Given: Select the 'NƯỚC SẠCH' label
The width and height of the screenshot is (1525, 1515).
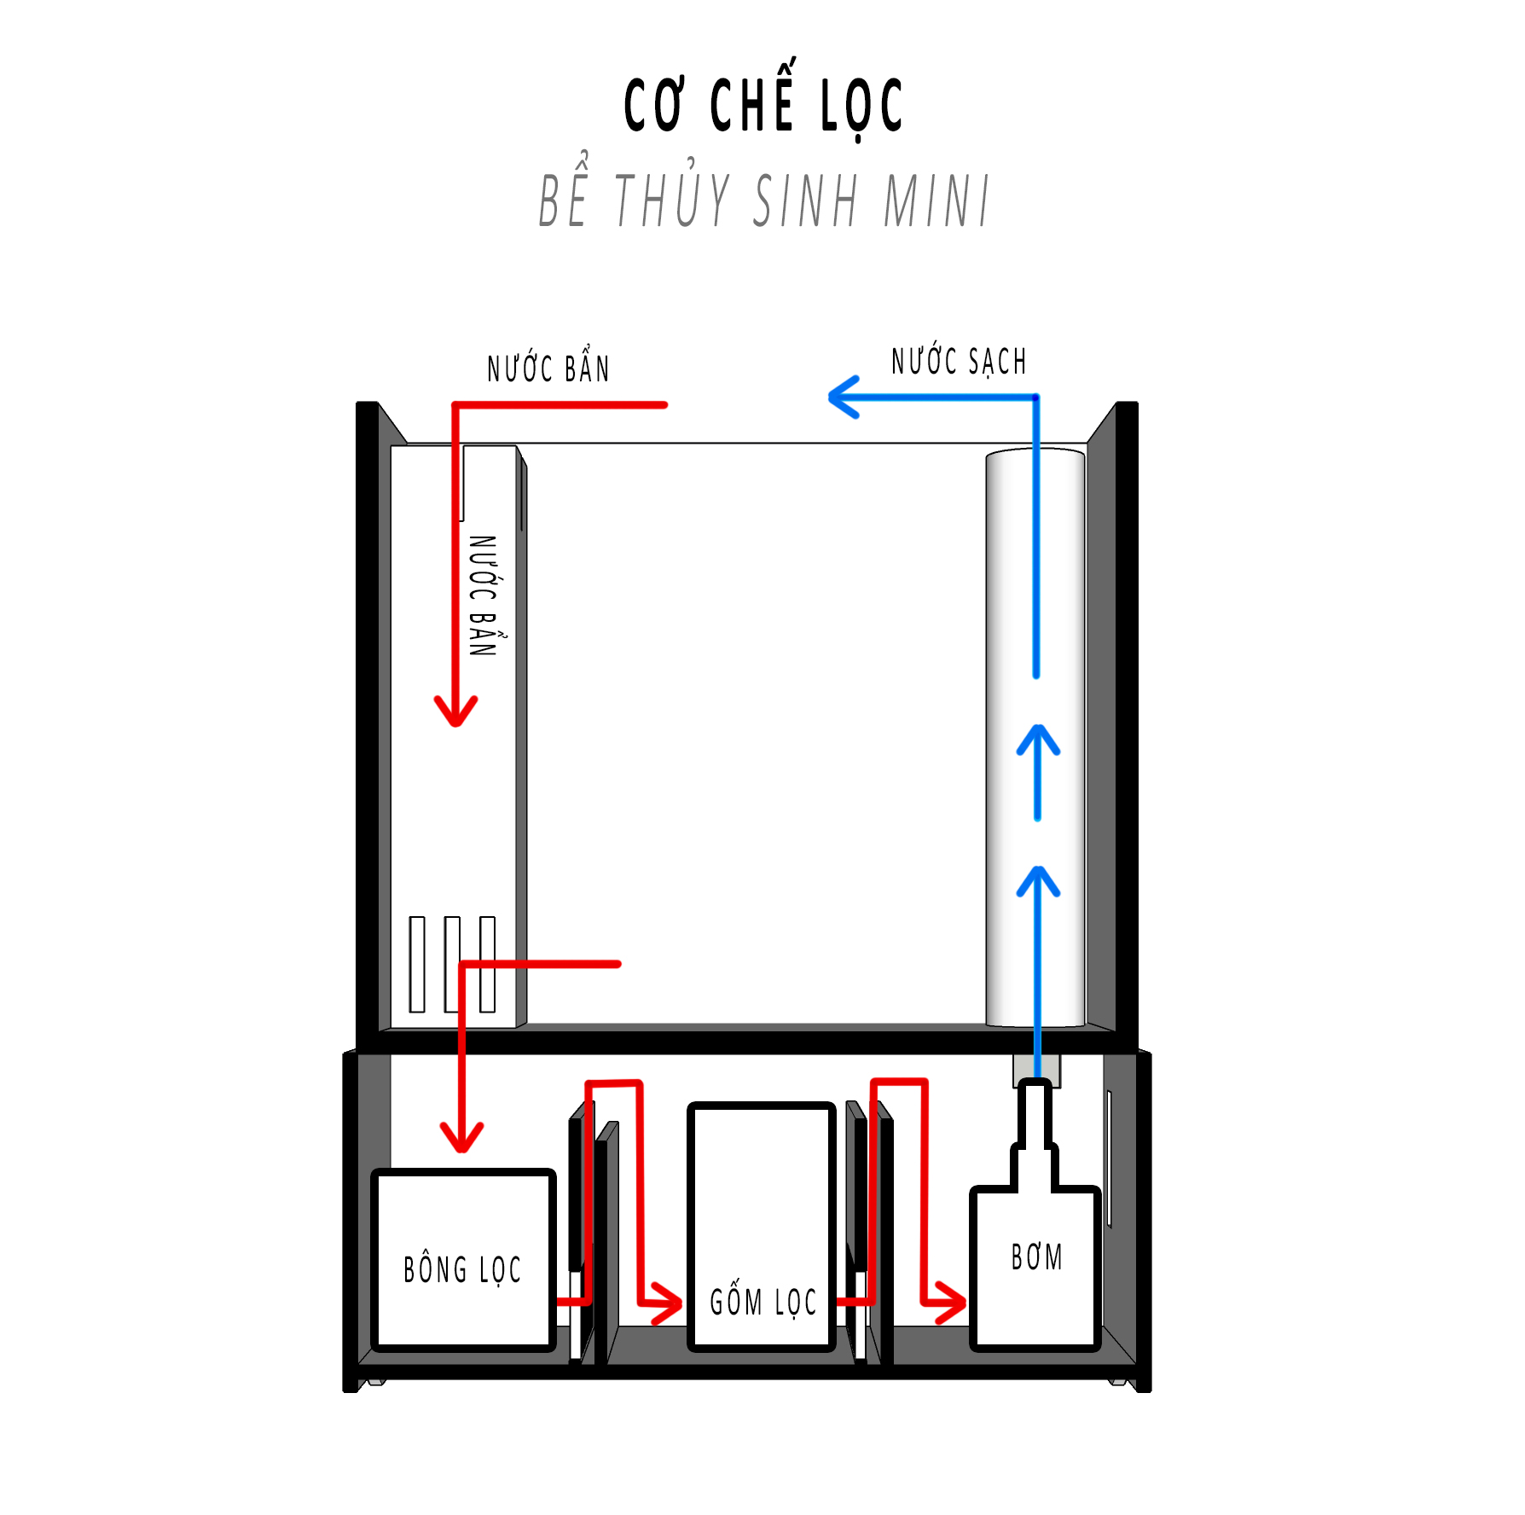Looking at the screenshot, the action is (959, 360).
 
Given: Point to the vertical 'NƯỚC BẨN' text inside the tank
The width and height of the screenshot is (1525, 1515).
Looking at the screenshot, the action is (484, 595).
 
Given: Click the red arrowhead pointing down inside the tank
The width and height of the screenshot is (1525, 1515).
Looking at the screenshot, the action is (456, 711).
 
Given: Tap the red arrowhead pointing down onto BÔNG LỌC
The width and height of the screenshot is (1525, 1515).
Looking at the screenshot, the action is (461, 1137).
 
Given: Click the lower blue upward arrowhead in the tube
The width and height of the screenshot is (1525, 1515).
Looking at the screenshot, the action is (1038, 882).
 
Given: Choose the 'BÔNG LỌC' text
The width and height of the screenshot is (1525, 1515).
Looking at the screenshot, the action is (462, 1269).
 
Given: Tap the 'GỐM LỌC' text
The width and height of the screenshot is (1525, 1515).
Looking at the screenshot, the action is (763, 1302).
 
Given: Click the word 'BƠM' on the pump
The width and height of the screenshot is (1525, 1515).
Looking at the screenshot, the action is (1036, 1257).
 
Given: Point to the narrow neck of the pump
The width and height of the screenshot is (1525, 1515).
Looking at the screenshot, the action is (1035, 1112).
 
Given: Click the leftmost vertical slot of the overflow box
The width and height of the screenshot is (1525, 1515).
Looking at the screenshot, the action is (417, 964).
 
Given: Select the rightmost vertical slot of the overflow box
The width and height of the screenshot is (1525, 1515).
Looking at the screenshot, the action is (487, 964).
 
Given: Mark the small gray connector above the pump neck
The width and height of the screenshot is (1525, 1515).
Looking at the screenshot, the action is (1036, 1070).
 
